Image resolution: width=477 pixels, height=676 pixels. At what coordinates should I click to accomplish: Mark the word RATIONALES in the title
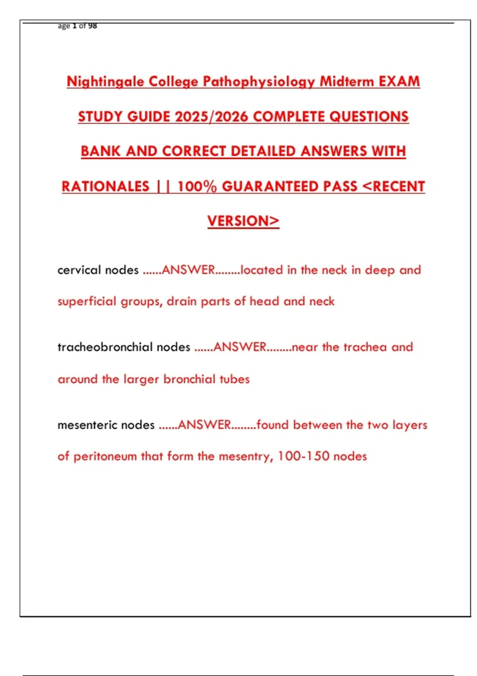pos(105,186)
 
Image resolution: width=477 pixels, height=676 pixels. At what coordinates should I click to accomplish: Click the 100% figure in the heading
pos(197,186)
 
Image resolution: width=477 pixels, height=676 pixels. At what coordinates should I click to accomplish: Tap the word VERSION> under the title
pos(243,221)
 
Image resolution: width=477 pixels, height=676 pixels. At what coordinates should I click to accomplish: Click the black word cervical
pos(79,270)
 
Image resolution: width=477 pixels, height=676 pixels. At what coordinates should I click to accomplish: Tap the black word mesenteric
pos(87,425)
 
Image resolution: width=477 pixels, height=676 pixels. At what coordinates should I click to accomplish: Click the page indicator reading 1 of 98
pos(84,26)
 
